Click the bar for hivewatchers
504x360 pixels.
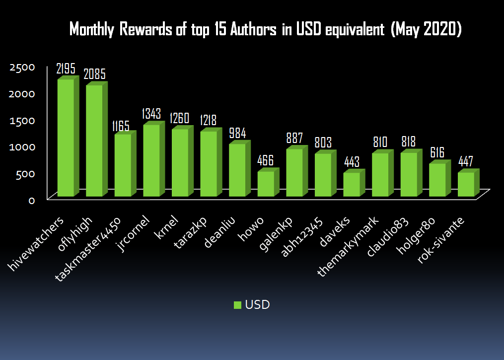(x=66, y=138)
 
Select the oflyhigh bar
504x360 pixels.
(x=94, y=141)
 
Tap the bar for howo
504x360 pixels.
(x=266, y=183)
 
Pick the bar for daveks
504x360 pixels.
(x=352, y=184)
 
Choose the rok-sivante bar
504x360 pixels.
(x=466, y=184)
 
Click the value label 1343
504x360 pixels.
(x=151, y=114)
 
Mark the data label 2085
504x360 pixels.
(x=94, y=74)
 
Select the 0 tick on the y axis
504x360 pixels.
(x=31, y=200)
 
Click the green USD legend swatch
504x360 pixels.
(x=237, y=305)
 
